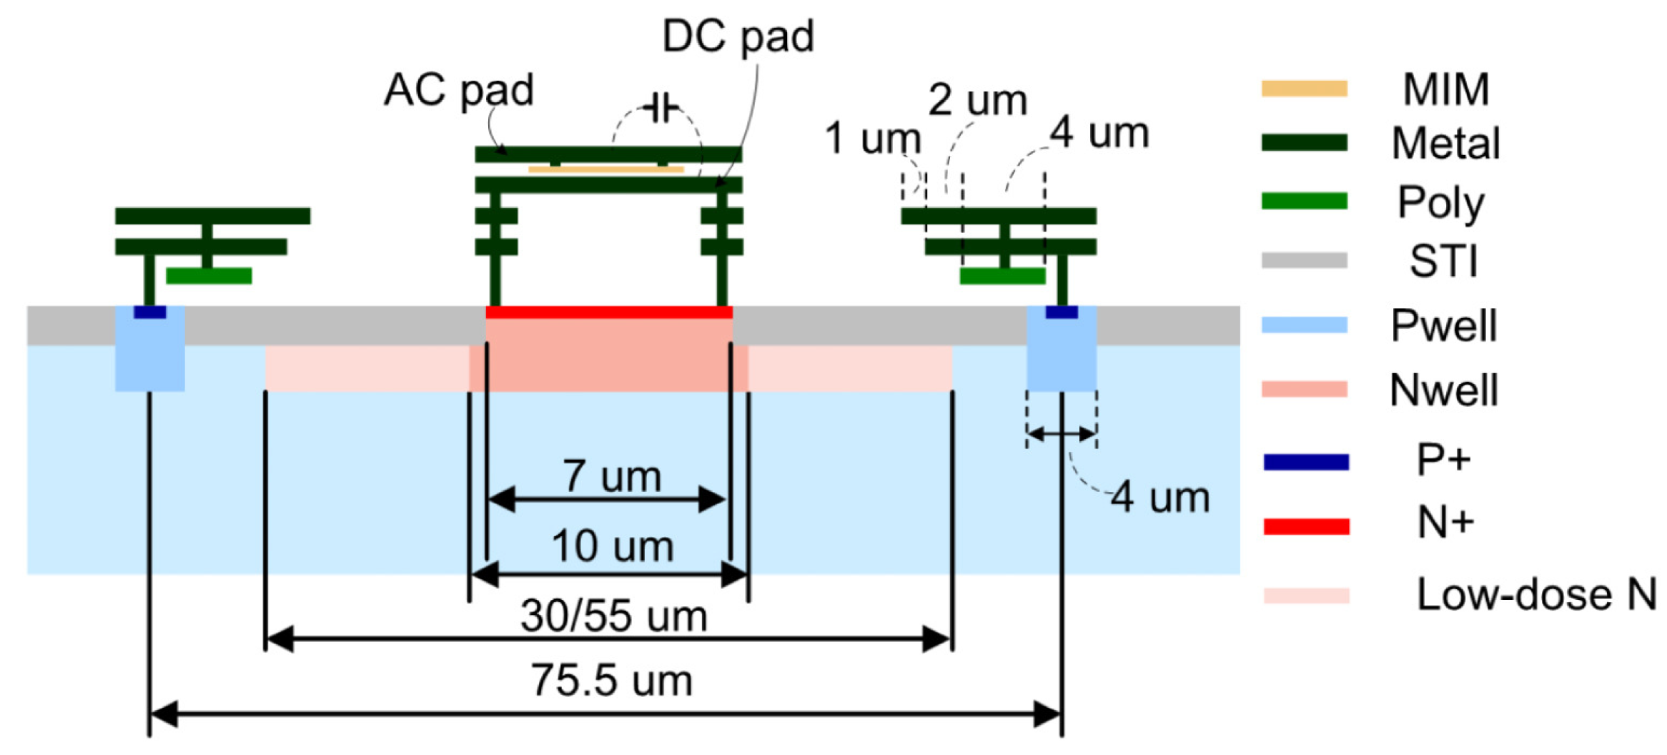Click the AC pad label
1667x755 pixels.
(458, 91)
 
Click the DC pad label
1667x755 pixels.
(738, 36)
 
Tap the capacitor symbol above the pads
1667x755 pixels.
(660, 109)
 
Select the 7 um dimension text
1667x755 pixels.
(612, 476)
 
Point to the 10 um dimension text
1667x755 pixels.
(613, 547)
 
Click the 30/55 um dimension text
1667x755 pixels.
(613, 616)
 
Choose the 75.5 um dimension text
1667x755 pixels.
(611, 681)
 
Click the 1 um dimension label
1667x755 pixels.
(872, 138)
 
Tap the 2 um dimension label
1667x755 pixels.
(977, 100)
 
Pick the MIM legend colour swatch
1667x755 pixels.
(1304, 89)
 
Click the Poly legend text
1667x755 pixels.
(1440, 202)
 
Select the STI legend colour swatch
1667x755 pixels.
(1304, 260)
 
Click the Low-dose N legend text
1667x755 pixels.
(1536, 595)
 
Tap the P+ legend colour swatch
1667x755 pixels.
(1305, 462)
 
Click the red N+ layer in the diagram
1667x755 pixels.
(609, 312)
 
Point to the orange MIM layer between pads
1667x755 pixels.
(606, 169)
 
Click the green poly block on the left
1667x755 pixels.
(209, 276)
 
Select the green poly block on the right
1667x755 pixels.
(1002, 276)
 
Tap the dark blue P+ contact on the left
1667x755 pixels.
(149, 312)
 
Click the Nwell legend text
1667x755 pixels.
(1443, 390)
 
